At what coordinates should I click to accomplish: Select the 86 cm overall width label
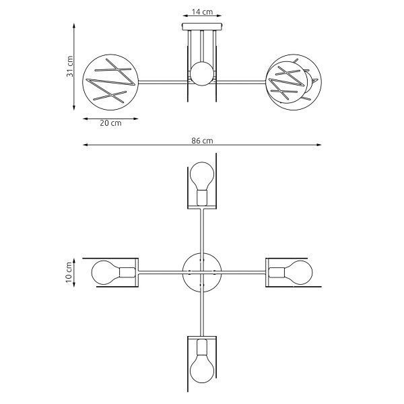(x=202, y=140)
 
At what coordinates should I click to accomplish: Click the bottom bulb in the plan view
(x=201, y=368)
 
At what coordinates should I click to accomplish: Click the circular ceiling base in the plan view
(x=201, y=272)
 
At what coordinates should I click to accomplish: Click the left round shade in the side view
(x=110, y=81)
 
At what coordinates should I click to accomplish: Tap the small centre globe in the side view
(x=201, y=73)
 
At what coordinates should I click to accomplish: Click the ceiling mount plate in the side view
(x=201, y=26)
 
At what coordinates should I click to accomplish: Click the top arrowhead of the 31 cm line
(x=74, y=24)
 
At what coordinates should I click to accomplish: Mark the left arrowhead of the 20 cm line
(x=85, y=119)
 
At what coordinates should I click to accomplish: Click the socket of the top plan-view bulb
(x=201, y=197)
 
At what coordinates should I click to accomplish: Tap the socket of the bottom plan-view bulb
(x=201, y=347)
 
